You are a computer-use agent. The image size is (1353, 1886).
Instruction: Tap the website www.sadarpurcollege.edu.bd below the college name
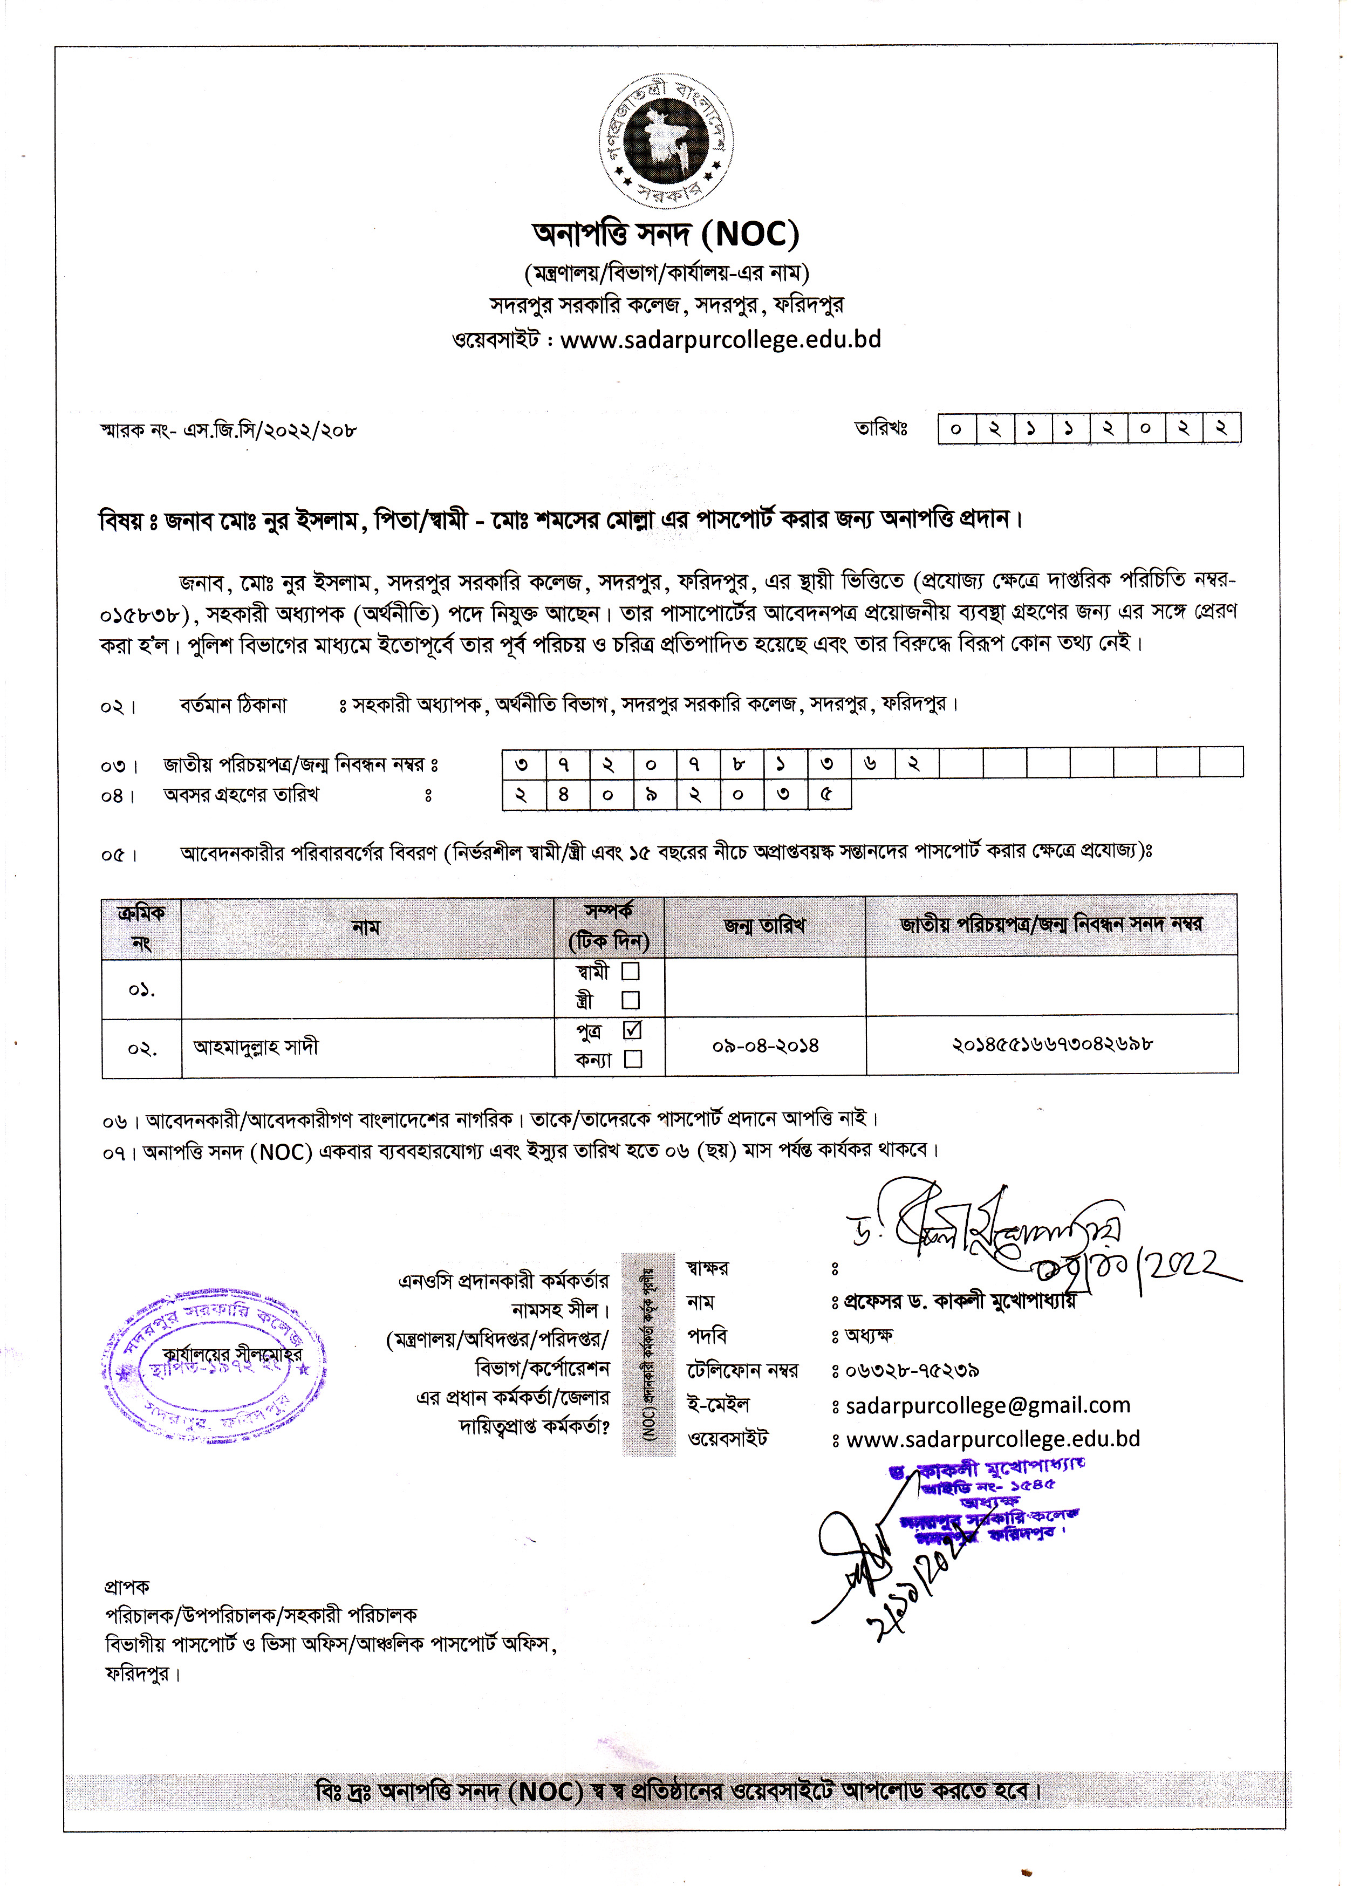(x=720, y=340)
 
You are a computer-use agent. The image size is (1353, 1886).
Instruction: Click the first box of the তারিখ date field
(x=956, y=429)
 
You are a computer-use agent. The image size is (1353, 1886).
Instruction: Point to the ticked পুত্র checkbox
(x=632, y=1029)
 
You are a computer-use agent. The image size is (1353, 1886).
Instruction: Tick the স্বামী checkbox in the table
(x=630, y=971)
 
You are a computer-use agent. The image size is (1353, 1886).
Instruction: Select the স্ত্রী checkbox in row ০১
(x=630, y=1000)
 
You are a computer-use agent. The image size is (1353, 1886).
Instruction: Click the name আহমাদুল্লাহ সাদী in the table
(x=256, y=1046)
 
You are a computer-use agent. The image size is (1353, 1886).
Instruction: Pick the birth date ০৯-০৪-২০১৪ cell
(x=765, y=1045)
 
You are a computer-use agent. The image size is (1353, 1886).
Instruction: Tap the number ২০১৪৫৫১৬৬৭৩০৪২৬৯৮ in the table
(x=1052, y=1044)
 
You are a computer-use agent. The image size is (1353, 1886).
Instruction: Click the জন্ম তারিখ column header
(x=764, y=926)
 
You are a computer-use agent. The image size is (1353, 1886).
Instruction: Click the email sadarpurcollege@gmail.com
(x=988, y=1405)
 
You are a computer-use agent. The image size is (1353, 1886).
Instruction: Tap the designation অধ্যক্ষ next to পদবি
(x=869, y=1336)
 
